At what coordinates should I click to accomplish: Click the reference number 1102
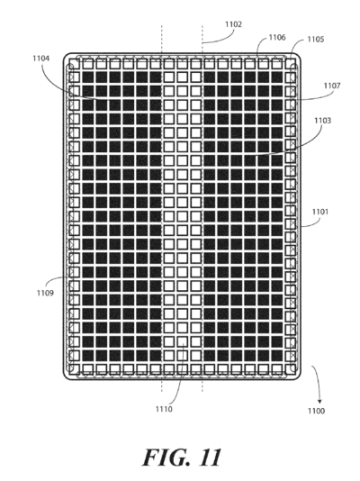point(233,24)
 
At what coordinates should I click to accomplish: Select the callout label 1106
point(277,38)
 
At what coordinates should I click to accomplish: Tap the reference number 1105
point(316,40)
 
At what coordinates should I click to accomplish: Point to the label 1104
point(41,59)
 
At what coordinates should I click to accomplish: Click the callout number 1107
point(332,86)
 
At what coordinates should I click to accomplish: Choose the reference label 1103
point(322,121)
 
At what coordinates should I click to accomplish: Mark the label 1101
point(319,212)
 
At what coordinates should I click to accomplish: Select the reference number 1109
point(45,293)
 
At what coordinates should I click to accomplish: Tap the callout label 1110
point(164,409)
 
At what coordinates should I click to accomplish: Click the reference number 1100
point(316,411)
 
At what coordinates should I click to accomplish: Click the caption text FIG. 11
point(182,458)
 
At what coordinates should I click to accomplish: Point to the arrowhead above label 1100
point(319,401)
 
